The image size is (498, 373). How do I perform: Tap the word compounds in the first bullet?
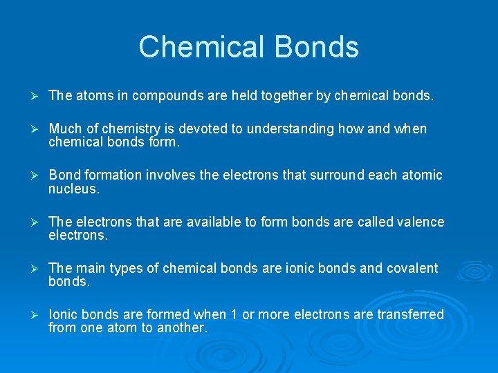[163, 95]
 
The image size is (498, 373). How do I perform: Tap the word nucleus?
[74, 188]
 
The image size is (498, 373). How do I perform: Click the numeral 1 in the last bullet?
[234, 315]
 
